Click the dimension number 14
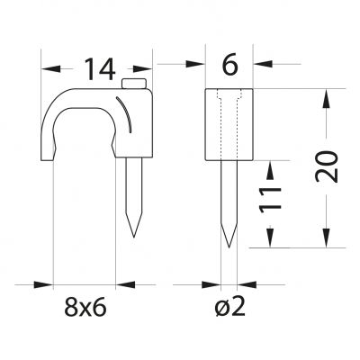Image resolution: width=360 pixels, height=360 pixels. [100, 69]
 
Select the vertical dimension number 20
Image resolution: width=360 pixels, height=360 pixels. [327, 166]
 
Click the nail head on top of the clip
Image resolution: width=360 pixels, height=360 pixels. [134, 84]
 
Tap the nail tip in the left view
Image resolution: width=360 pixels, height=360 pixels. [134, 237]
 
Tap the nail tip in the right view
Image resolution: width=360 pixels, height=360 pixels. [229, 247]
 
